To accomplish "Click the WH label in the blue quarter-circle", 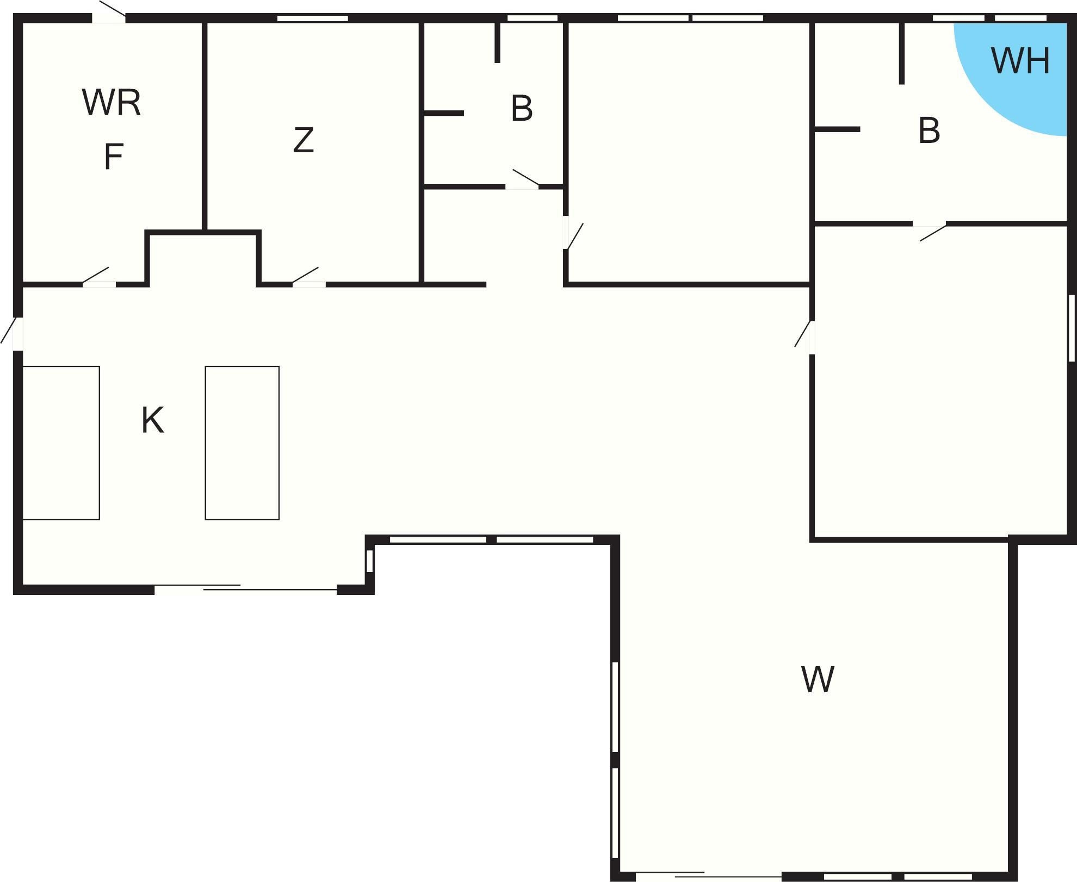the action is tap(1020, 60).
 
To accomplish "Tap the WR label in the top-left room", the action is tap(112, 102).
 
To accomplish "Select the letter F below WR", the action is tap(114, 157).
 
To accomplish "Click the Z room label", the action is tap(304, 140).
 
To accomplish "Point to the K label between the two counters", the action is tap(153, 420).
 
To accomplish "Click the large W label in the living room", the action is tap(818, 679).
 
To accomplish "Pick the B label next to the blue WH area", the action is tap(929, 131).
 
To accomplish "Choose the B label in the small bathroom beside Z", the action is tap(522, 108).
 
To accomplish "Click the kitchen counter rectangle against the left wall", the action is tap(61, 443).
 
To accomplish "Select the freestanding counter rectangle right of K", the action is tap(242, 443).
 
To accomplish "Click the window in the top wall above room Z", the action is tap(313, 18).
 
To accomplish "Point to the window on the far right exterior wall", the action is tap(1072, 327).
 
